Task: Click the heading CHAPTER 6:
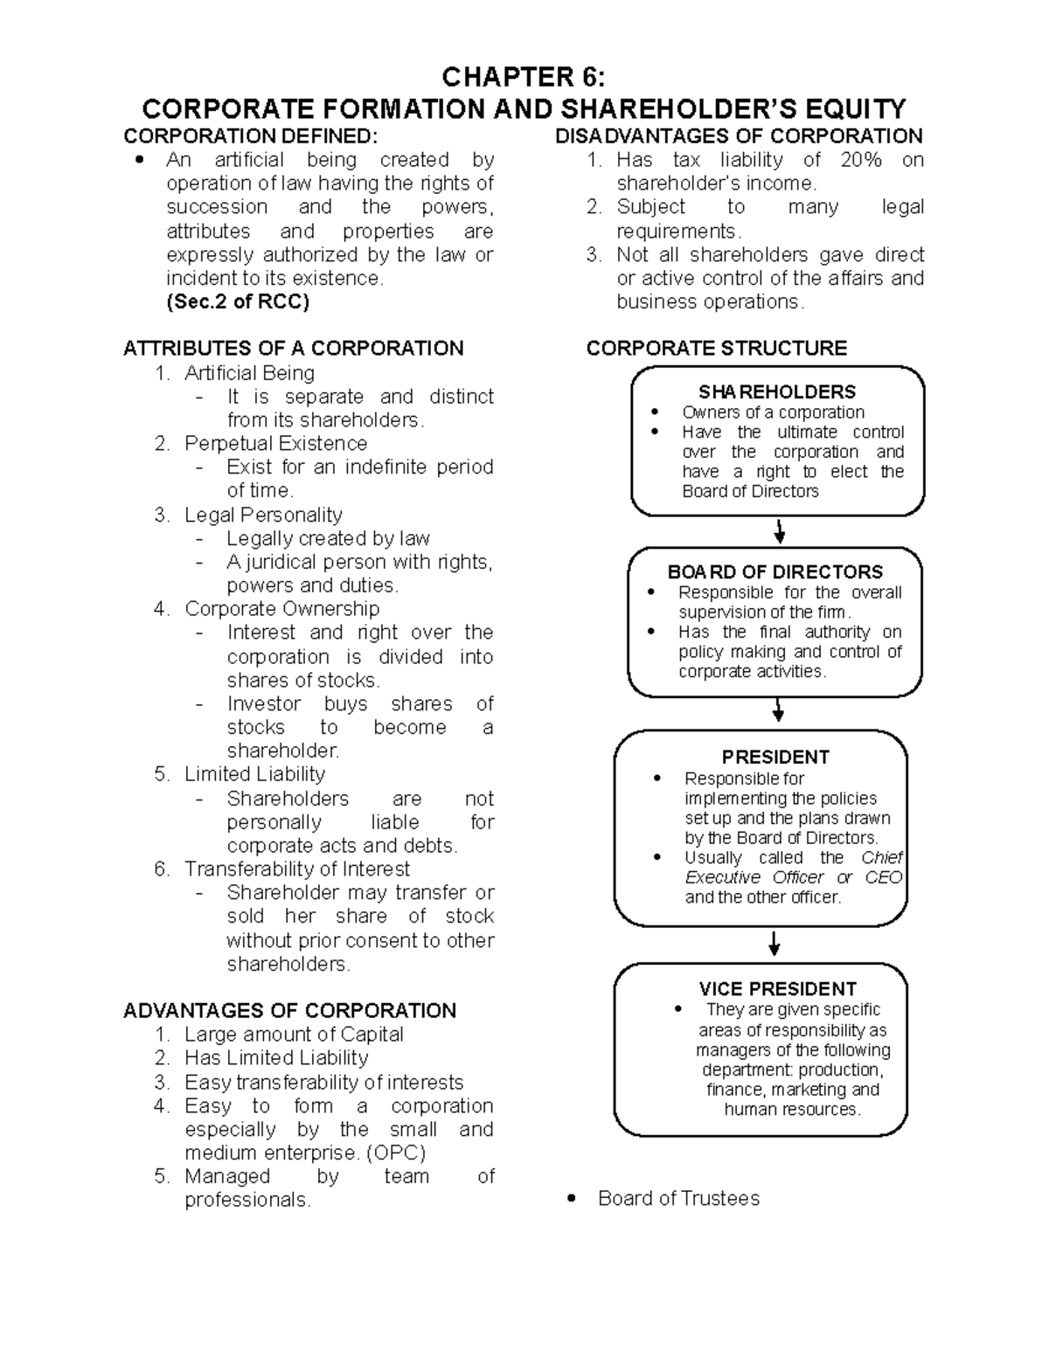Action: tap(523, 78)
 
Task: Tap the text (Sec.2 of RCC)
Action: tap(238, 302)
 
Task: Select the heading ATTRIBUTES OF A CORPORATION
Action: tap(293, 349)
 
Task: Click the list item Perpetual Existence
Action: tap(275, 444)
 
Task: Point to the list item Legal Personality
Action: tap(263, 515)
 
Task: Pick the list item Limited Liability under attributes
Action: tap(254, 774)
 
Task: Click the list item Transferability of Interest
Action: tap(296, 869)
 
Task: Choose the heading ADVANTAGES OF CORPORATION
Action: tap(289, 1011)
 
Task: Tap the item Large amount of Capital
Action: tap(294, 1035)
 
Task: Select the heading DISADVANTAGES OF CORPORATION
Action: tap(739, 136)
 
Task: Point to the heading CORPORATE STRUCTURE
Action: tap(716, 349)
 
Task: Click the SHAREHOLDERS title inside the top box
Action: tap(776, 391)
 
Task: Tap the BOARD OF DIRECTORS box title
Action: tap(775, 572)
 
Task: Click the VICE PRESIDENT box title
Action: tap(776, 989)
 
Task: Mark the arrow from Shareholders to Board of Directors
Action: tap(780, 531)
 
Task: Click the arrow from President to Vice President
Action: tap(774, 945)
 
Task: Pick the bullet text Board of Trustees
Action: tap(678, 1199)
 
